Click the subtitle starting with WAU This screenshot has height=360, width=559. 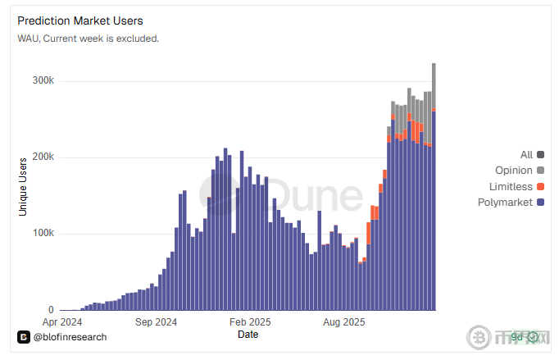tap(89, 38)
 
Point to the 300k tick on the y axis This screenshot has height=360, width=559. tap(43, 81)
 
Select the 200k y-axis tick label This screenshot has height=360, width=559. tap(43, 157)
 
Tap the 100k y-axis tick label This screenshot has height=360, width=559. tap(43, 234)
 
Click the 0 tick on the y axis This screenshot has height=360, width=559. tap(51, 310)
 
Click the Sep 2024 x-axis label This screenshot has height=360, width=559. tap(155, 322)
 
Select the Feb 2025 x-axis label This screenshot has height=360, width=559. tap(249, 322)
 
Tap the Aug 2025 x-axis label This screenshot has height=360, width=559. tap(344, 322)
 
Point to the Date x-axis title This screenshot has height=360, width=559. tap(248, 335)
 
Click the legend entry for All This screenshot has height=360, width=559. tap(526, 155)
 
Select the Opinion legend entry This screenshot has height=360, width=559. tap(514, 171)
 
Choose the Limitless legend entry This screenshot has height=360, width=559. tap(511, 186)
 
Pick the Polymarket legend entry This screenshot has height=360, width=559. tap(505, 202)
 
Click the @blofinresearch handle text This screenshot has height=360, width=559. tap(70, 336)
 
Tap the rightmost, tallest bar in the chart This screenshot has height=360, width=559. tap(434, 189)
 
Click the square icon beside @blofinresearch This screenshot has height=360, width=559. tap(24, 336)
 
